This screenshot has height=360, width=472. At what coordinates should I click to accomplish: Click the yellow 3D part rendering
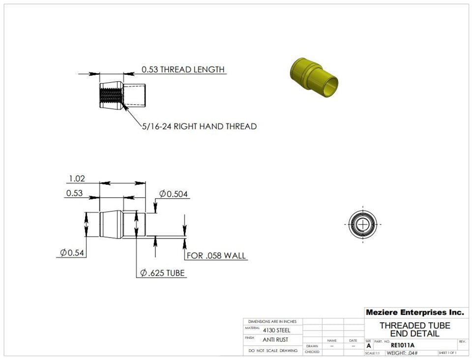tap(314, 79)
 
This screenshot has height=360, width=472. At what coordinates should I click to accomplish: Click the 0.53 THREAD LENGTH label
tap(183, 70)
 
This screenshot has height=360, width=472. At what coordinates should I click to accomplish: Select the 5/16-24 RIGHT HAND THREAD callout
tap(199, 126)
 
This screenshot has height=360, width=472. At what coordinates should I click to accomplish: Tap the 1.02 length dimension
tap(77, 179)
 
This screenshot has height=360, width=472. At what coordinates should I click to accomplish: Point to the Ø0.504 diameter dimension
tap(174, 194)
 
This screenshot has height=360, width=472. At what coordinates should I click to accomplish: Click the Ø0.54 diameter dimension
tap(72, 253)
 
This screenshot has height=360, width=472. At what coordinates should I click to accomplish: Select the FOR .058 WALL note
tap(216, 256)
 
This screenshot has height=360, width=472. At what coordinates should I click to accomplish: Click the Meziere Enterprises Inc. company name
tap(414, 312)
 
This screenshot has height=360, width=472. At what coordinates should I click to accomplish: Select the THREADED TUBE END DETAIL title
tap(414, 330)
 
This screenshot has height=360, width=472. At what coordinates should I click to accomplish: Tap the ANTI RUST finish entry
tap(275, 340)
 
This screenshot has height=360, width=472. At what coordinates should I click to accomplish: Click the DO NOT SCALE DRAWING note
tap(273, 351)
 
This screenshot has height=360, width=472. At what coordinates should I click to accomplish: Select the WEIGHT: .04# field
tap(402, 353)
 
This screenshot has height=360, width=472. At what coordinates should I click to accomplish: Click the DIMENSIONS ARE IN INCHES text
tap(272, 321)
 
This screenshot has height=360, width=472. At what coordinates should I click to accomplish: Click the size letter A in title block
tap(369, 346)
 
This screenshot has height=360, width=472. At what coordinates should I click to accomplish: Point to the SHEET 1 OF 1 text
tap(447, 353)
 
